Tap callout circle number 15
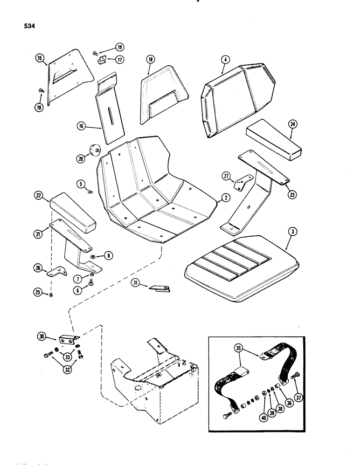(x=39, y=58)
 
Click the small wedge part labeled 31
(x=159, y=288)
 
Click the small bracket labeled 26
(x=58, y=272)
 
